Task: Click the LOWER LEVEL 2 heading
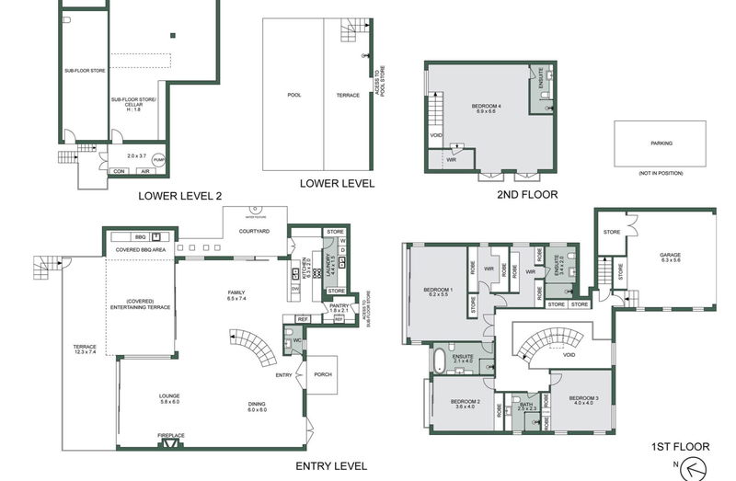pyautogui.click(x=179, y=195)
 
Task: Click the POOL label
pyautogui.click(x=293, y=95)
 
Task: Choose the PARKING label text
pyautogui.click(x=661, y=143)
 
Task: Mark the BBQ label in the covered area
pyautogui.click(x=141, y=236)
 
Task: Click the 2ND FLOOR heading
pyautogui.click(x=502, y=196)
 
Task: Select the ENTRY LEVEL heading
pyautogui.click(x=331, y=466)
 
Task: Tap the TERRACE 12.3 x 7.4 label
pyautogui.click(x=84, y=349)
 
